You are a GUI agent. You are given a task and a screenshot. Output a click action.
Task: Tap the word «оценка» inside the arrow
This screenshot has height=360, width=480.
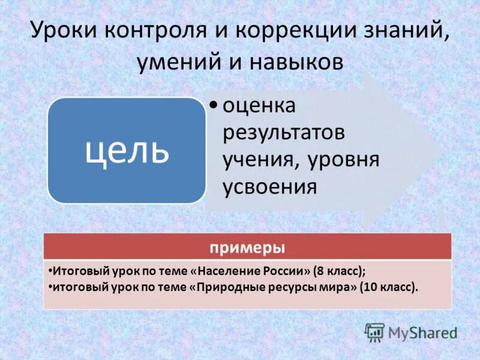[260, 107]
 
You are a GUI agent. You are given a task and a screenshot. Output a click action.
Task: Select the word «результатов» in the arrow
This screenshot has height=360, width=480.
[283, 133]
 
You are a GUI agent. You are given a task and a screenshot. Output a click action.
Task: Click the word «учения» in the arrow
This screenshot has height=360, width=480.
[262, 160]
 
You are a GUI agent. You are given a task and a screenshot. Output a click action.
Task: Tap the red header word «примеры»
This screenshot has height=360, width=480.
[247, 247]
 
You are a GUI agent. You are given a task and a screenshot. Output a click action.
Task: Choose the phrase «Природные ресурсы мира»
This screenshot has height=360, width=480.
[274, 287]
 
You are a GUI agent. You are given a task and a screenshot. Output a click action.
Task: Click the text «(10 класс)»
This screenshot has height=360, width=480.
[388, 287]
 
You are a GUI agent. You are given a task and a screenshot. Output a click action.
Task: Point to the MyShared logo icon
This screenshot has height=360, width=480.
[375, 332]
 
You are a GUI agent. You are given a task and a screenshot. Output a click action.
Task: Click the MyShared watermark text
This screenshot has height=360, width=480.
[422, 332]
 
